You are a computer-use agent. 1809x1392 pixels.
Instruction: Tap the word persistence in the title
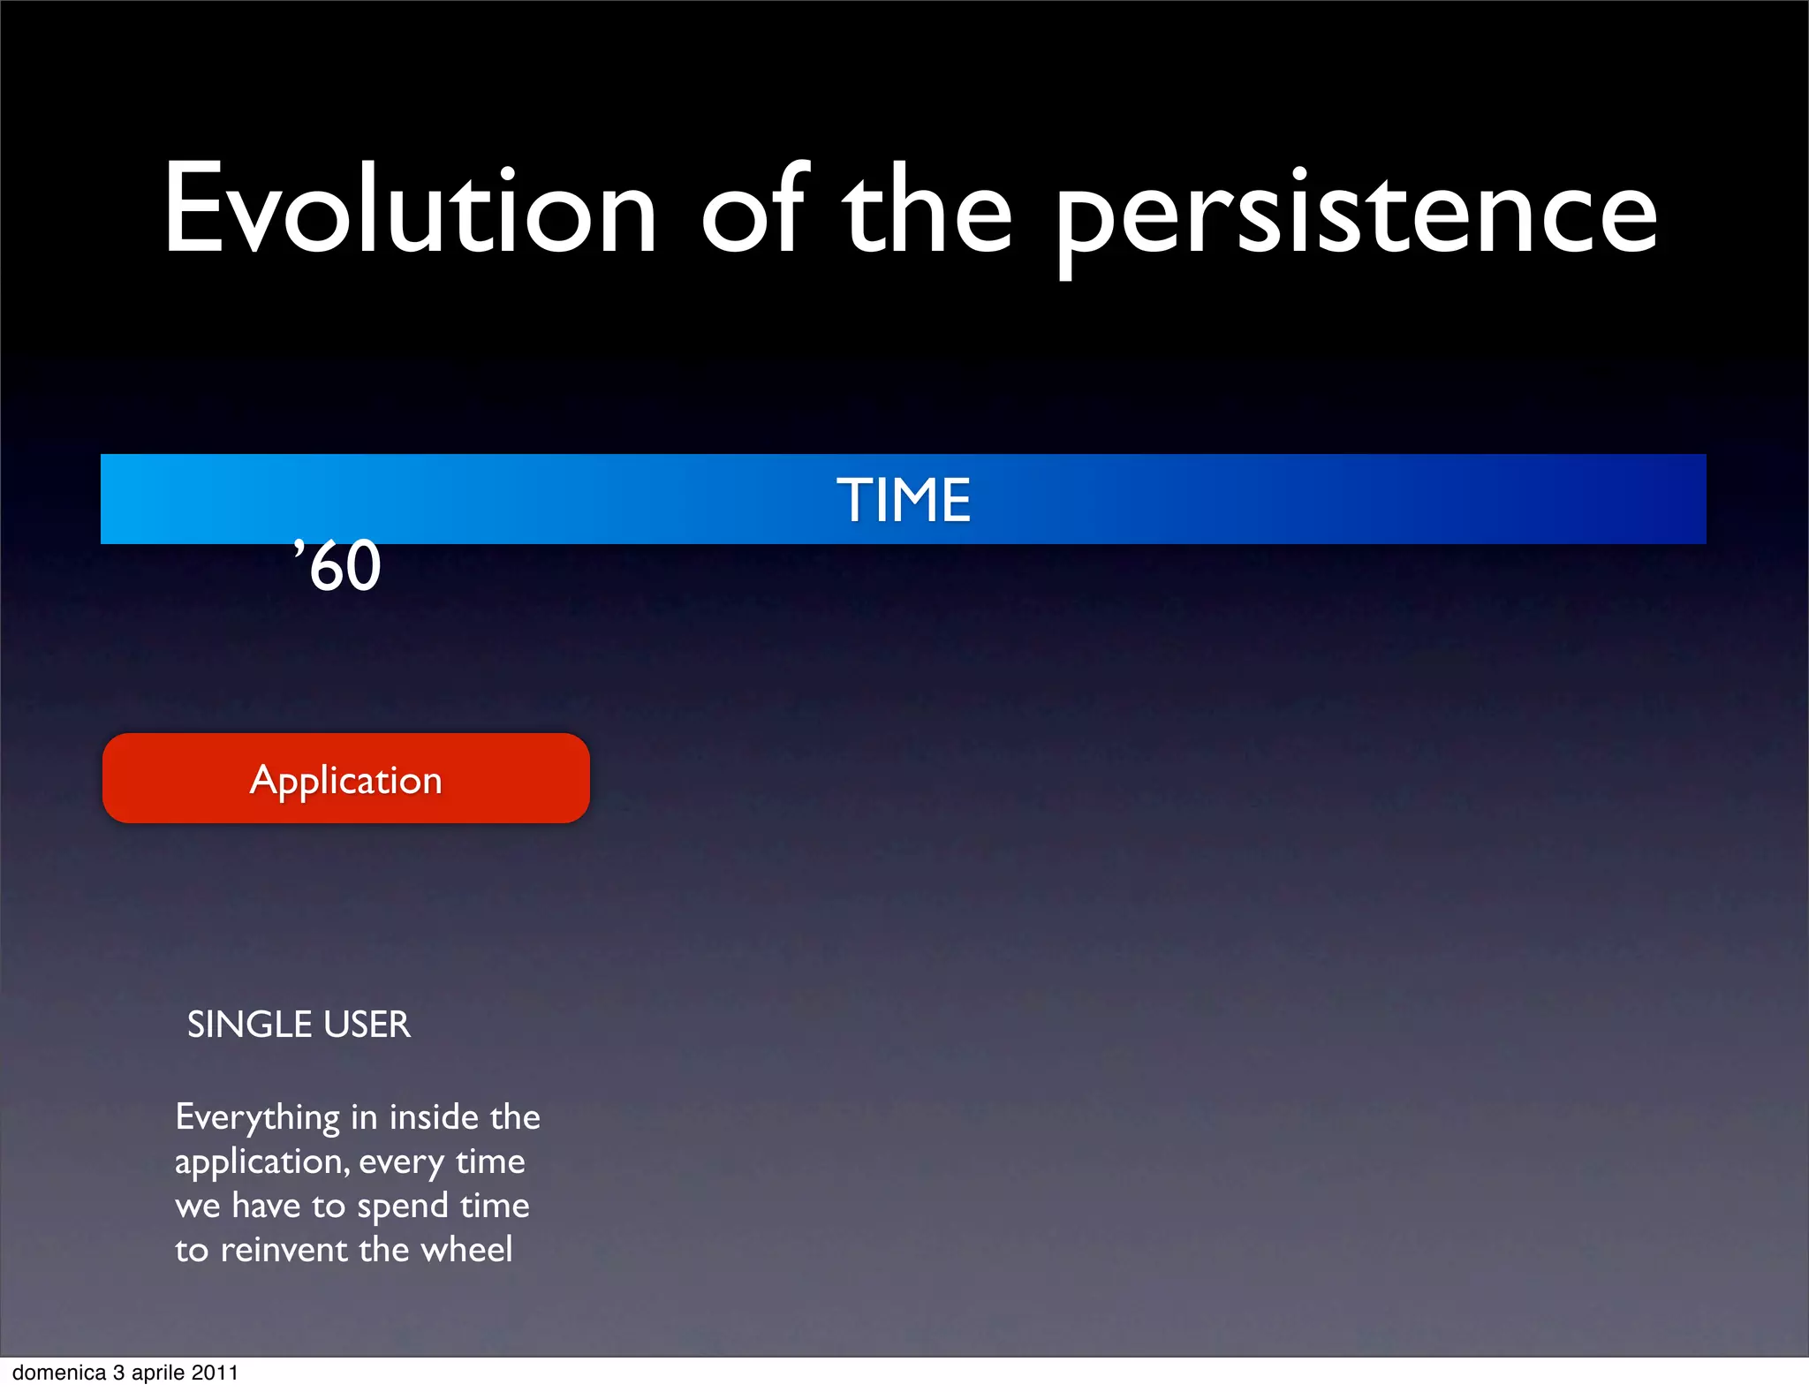point(1356,216)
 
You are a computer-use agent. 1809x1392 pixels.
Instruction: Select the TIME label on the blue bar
point(904,500)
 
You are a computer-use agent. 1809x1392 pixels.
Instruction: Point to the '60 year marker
point(338,566)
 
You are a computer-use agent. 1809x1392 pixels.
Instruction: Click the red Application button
point(345,779)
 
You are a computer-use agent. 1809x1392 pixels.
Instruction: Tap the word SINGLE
point(250,1025)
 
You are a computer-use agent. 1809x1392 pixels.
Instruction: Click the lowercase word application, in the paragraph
point(261,1162)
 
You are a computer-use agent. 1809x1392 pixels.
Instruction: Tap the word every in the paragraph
point(402,1162)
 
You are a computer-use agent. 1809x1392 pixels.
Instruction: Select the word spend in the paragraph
point(403,1207)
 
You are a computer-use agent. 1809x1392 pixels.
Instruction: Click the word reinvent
point(284,1250)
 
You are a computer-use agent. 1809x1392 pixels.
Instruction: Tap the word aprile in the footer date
point(158,1373)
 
